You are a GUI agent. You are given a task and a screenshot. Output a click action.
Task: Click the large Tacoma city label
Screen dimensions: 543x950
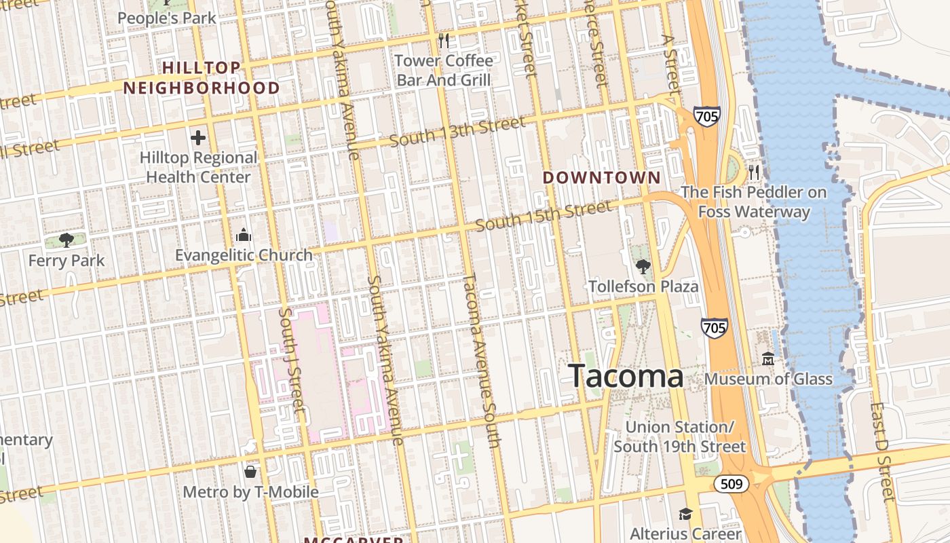point(626,376)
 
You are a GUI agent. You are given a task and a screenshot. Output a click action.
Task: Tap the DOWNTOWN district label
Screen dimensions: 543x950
point(602,178)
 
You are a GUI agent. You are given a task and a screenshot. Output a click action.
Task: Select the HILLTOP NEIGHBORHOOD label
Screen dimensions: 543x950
point(202,78)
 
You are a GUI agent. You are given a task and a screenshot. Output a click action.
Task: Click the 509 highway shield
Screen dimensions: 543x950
point(731,484)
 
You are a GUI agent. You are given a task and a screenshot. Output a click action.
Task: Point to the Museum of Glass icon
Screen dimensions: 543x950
point(768,358)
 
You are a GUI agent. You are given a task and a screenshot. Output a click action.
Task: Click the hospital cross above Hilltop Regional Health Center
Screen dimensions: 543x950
point(198,138)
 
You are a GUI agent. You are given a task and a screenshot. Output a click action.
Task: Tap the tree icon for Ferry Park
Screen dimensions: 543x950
point(66,240)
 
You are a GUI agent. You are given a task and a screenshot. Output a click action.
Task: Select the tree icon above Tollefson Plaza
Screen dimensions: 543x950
point(643,267)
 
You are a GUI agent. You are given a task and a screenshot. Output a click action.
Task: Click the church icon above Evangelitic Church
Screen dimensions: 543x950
point(244,236)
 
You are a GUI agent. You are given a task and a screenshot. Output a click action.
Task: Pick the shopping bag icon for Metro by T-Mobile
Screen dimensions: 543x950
point(250,471)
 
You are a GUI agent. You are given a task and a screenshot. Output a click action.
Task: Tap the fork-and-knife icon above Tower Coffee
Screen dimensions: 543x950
point(444,41)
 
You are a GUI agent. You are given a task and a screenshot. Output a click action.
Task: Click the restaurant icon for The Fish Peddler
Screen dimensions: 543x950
point(754,172)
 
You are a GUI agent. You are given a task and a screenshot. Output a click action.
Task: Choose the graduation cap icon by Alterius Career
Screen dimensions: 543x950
point(685,514)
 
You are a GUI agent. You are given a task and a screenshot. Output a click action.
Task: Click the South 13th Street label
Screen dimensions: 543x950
point(457,132)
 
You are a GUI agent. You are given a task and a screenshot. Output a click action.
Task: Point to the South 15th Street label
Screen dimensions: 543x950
point(544,216)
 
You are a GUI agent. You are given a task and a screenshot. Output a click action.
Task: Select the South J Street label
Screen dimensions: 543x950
point(292,360)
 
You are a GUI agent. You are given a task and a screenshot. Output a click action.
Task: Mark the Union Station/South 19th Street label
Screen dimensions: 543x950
point(680,436)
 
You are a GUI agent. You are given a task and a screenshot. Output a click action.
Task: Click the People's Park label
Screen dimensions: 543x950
point(167,18)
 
